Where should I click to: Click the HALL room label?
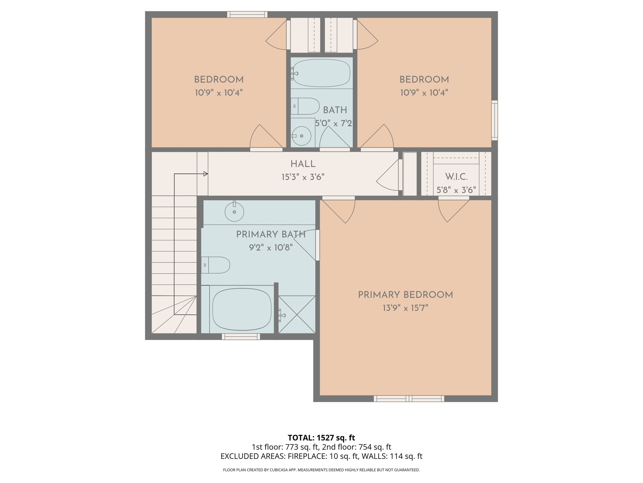(303, 164)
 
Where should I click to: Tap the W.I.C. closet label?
(456, 177)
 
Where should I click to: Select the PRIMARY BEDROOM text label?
(405, 295)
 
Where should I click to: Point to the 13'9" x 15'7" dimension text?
(405, 308)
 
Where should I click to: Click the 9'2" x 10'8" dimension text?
(271, 247)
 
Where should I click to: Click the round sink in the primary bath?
(234, 212)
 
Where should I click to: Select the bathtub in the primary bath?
(242, 309)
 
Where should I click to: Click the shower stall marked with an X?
(297, 314)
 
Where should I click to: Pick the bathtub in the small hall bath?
(321, 73)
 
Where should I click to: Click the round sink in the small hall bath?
(301, 136)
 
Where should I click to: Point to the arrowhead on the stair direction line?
(206, 174)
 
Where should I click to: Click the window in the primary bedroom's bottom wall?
(409, 398)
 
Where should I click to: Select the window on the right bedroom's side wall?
(494, 120)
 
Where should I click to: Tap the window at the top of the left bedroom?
(247, 14)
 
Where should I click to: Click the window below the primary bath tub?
(241, 336)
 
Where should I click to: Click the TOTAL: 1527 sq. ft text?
(321, 437)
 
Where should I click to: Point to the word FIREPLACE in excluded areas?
(307, 456)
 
